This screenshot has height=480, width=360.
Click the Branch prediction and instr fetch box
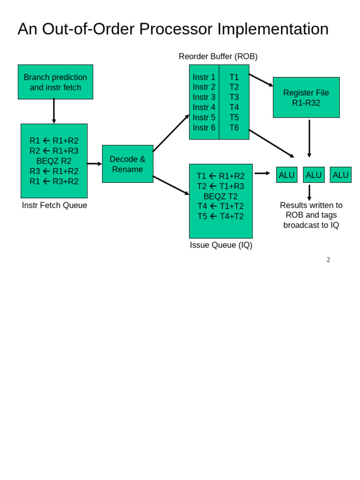pos(55,82)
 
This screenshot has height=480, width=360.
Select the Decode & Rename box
pos(127,164)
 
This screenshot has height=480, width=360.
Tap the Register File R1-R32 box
pos(306,97)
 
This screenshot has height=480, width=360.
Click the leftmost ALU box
pos(286,175)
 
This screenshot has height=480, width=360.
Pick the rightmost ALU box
pos(340,175)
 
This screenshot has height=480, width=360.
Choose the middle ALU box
pos(314,175)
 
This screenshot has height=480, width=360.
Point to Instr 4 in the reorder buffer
pos(204,107)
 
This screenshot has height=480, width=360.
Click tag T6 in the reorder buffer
pos(234,127)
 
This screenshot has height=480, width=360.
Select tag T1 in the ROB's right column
pos(234,77)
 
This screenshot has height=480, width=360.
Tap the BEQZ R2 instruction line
pos(54,161)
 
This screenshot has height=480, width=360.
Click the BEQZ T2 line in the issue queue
pos(220,196)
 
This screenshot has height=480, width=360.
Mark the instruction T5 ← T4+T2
pos(220,217)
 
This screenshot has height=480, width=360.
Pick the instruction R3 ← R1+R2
pos(54,171)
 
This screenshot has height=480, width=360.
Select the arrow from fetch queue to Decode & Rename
pos(94,164)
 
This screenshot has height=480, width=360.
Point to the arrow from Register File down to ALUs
pos(309,138)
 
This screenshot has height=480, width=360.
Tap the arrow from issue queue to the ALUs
pos(262,173)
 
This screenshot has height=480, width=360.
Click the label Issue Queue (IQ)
pos(221,245)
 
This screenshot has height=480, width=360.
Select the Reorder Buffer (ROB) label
pos(218,57)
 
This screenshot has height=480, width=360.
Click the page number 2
pos(328,260)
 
